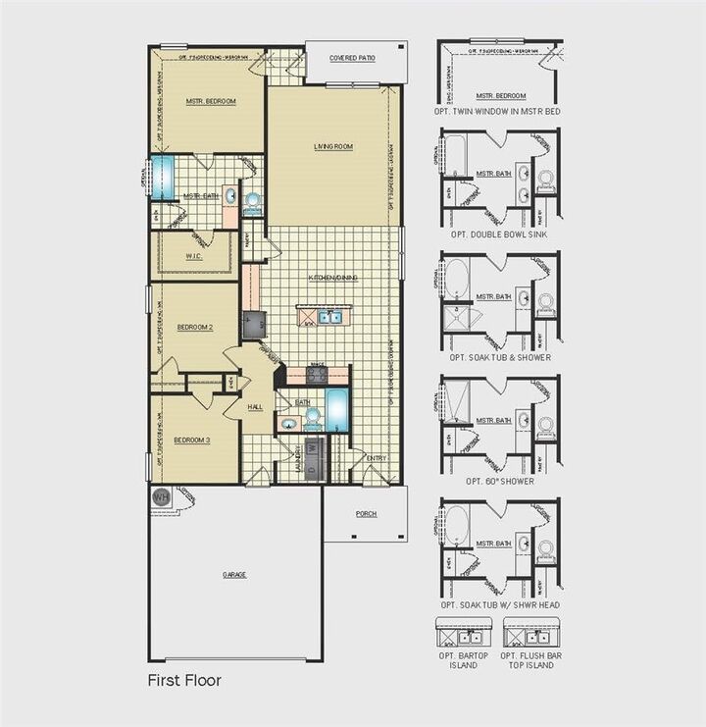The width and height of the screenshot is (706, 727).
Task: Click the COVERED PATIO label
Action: [x=352, y=59]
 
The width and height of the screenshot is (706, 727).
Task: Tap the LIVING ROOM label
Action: [x=333, y=147]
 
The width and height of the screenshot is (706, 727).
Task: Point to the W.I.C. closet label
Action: [x=194, y=258]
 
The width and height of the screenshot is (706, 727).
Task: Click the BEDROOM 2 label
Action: [x=194, y=327]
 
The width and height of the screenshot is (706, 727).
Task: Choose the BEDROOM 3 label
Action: [x=192, y=439]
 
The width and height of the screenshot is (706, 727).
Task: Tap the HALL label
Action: [x=255, y=406]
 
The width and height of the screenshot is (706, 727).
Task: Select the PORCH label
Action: [x=366, y=513]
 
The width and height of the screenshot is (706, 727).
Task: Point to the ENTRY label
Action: [x=377, y=458]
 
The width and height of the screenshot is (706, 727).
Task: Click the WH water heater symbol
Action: [x=162, y=498]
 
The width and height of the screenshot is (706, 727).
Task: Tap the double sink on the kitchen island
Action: [x=327, y=317]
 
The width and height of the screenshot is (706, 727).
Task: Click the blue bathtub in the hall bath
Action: [x=337, y=409]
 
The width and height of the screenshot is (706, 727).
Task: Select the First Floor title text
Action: [x=184, y=679]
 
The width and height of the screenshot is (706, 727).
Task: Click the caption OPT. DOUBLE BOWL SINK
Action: [x=499, y=235]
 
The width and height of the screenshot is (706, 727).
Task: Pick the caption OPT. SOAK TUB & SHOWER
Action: [x=500, y=358]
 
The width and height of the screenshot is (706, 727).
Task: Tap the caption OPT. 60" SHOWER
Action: [x=500, y=481]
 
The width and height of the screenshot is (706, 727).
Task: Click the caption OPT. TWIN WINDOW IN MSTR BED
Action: [x=499, y=112]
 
